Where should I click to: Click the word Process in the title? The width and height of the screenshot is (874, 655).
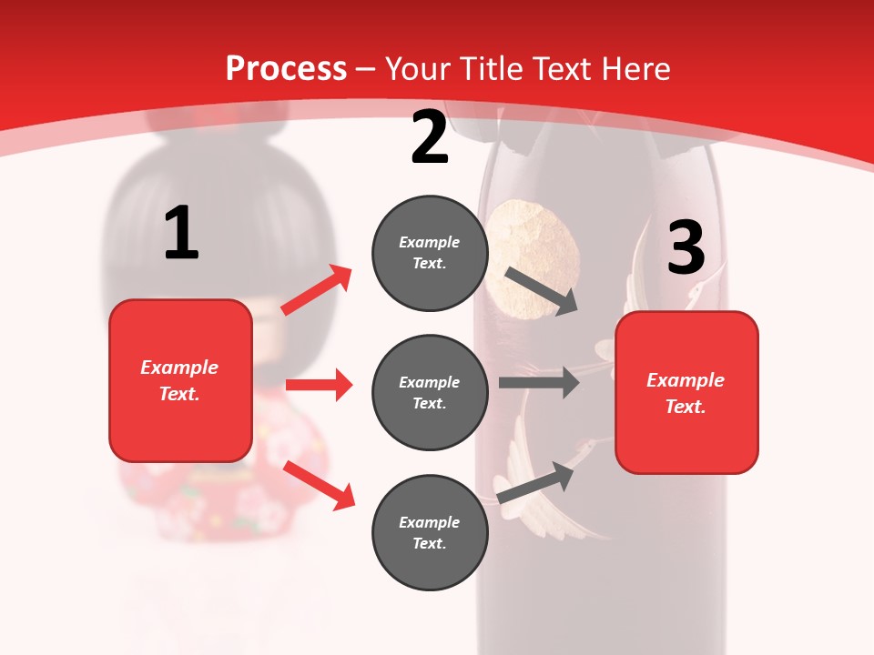point(286,68)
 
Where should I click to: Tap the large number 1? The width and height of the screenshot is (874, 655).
point(181,234)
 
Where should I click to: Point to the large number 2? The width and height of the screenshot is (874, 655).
point(430,137)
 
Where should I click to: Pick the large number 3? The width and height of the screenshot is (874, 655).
point(686,247)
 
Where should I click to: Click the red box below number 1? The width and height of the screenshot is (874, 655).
point(180,380)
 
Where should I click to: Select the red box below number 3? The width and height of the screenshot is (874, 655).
point(686,392)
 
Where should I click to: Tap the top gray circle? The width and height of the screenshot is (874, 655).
point(430,253)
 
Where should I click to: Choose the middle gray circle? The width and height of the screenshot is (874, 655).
point(430,392)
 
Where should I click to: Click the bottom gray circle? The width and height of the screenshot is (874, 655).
point(430,532)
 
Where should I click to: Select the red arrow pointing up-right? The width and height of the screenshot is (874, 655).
point(317,290)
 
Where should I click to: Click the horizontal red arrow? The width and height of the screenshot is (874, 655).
point(319,385)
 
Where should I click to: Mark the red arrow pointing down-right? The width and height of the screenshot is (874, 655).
point(320,485)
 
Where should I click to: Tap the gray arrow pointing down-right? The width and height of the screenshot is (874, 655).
point(542,290)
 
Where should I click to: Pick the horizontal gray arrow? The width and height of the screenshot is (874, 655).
point(539,382)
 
